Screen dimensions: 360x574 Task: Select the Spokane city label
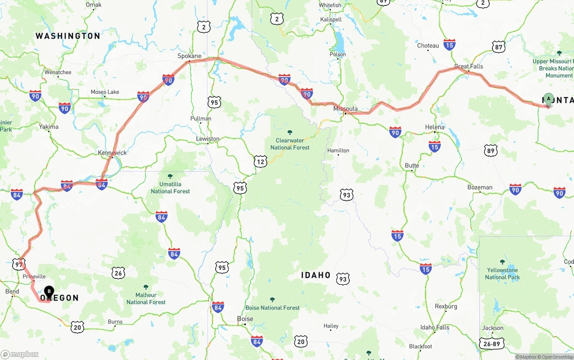coord(189,56)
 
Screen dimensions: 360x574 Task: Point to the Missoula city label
coord(345,108)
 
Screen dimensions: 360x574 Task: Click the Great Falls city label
coord(469,66)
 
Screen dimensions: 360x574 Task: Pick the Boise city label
coord(245,319)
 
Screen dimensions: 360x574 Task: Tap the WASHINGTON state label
coord(68,36)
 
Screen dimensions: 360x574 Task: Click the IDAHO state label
coord(316,275)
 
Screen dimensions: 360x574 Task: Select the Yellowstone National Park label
coord(502,273)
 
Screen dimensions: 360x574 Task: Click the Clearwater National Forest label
coord(290,144)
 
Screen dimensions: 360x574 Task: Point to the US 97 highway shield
coord(19,265)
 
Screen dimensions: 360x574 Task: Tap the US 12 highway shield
coord(260,161)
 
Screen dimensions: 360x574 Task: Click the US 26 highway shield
coord(118,272)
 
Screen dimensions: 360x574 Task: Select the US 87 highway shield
coord(498,47)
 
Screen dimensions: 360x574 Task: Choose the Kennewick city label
coord(112,152)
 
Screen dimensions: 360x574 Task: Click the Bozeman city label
coord(480,187)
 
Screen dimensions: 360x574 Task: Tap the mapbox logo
coord(20,354)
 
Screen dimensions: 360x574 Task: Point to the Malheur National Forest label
coord(146,298)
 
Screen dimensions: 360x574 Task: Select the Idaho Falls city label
coord(435,327)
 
